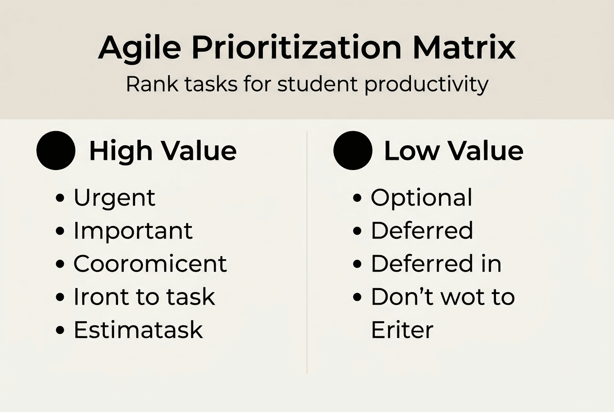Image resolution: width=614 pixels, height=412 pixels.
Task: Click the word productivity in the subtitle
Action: (x=426, y=85)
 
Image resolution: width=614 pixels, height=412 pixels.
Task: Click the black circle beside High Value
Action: (x=56, y=151)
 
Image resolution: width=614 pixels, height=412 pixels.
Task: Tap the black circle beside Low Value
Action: (x=353, y=151)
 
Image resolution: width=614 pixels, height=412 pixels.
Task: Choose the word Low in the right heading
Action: (x=412, y=151)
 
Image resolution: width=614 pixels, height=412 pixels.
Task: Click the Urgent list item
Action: (x=114, y=198)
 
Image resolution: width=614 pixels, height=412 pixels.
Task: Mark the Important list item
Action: (x=133, y=231)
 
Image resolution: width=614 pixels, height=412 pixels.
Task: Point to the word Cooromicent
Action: (x=150, y=264)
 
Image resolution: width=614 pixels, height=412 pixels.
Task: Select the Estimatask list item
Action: (x=138, y=330)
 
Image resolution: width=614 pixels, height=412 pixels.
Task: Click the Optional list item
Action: (x=421, y=198)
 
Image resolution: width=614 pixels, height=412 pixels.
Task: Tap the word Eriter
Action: (x=402, y=330)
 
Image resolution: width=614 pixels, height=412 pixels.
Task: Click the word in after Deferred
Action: (x=491, y=264)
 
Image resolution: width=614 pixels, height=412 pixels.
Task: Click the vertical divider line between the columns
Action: (x=307, y=253)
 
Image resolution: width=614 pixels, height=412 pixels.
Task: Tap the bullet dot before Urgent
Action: (x=61, y=198)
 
